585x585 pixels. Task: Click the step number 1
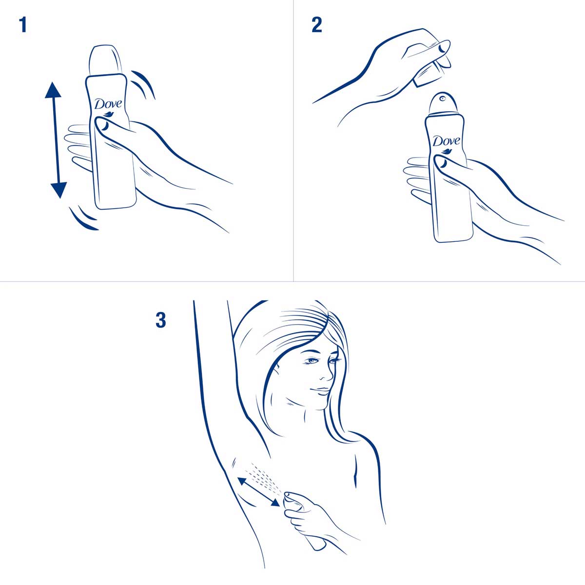tap(22, 25)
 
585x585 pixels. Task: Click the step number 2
tap(317, 25)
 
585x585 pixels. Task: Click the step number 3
tap(161, 321)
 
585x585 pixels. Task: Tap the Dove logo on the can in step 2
tap(446, 142)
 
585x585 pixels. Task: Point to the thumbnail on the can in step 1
tap(103, 126)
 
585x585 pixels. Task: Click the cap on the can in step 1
tap(105, 61)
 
